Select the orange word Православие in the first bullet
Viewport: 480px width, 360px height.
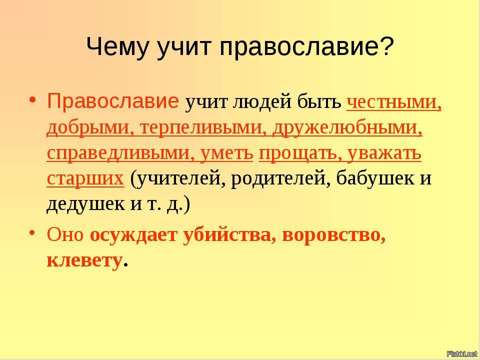[112, 101]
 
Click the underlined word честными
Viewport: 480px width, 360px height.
[394, 102]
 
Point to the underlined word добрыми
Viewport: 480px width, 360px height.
[87, 128]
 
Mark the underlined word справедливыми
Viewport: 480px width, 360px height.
[120, 153]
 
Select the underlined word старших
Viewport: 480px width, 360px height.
[85, 179]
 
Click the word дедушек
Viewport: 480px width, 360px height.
[85, 204]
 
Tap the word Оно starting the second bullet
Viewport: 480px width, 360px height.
[65, 235]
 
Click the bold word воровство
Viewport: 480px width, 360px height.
[333, 235]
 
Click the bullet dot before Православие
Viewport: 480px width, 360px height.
[33, 99]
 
